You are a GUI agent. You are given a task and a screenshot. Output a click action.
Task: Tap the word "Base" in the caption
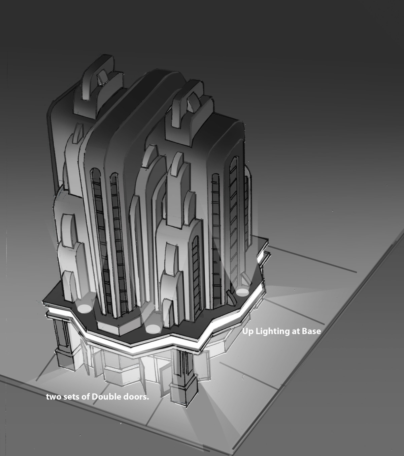[311, 331]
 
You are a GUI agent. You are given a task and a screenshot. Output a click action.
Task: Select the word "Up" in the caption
[247, 331]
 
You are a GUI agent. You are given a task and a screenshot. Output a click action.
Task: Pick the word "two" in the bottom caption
[53, 397]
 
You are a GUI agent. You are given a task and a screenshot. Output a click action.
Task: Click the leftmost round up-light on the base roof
[85, 308]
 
